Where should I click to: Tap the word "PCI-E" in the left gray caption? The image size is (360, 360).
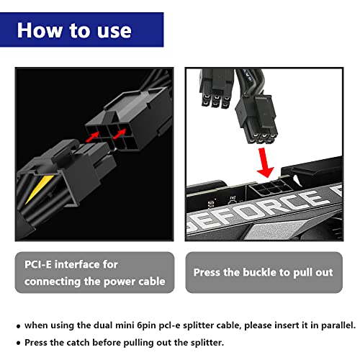(x=40, y=265)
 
